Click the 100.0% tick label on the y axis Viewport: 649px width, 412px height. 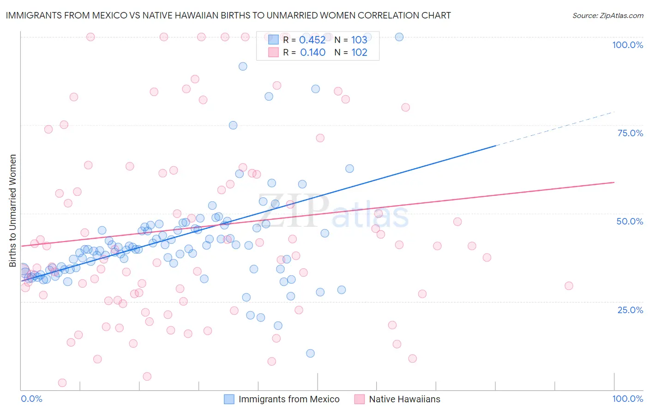(627, 45)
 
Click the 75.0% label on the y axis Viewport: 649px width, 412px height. (630, 133)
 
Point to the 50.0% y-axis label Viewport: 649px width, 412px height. (630, 221)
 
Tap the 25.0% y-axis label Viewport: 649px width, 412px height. (630, 309)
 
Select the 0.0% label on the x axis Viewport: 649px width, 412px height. (32, 399)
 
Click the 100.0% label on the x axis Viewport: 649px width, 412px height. (627, 399)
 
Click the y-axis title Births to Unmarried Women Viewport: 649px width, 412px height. (12, 211)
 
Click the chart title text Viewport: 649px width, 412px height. (228, 15)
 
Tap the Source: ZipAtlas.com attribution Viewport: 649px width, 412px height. (607, 15)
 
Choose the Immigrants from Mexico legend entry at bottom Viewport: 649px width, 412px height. (289, 399)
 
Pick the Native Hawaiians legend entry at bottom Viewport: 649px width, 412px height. (404, 399)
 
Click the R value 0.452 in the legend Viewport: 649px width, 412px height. (312, 40)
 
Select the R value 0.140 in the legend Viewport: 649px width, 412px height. (312, 53)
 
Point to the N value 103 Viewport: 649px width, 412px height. (359, 40)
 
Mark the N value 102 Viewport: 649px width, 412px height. (359, 53)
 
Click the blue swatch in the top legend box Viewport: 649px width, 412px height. (273, 40)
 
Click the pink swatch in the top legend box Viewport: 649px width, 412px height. (273, 52)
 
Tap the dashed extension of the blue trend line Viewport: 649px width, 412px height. (554, 128)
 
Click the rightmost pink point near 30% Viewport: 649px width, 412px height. (569, 286)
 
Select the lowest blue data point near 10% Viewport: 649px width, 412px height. (310, 353)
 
